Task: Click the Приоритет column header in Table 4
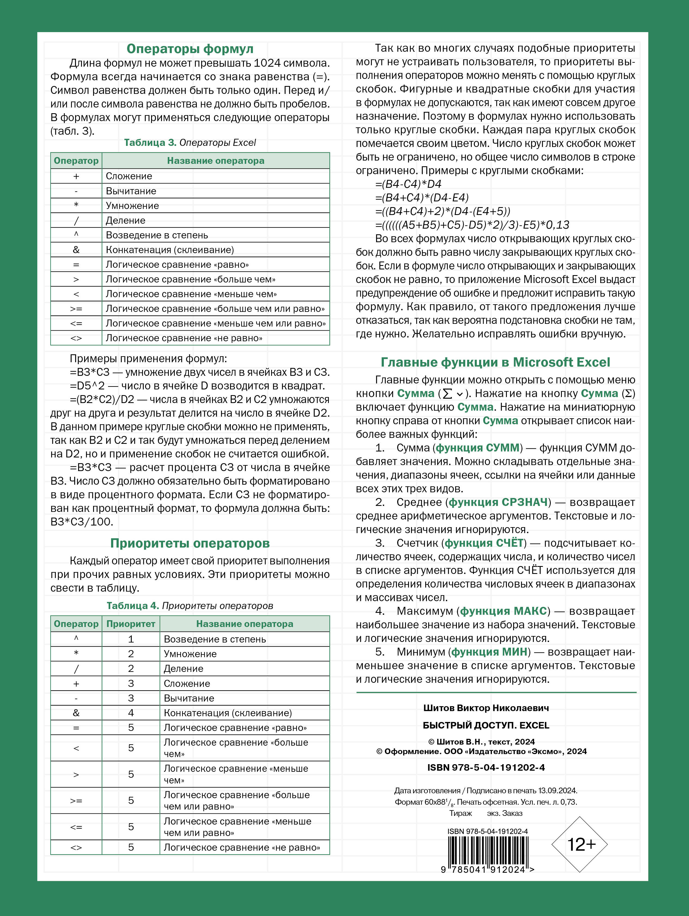point(131,624)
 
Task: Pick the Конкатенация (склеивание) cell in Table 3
point(170,250)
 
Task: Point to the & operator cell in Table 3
point(76,250)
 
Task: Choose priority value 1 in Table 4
point(131,639)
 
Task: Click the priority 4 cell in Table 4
point(131,713)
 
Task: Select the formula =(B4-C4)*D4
point(408,184)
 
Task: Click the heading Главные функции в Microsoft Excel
point(495,362)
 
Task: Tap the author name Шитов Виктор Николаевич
point(486,708)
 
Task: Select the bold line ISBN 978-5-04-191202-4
point(486,767)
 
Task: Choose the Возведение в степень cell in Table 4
point(215,639)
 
